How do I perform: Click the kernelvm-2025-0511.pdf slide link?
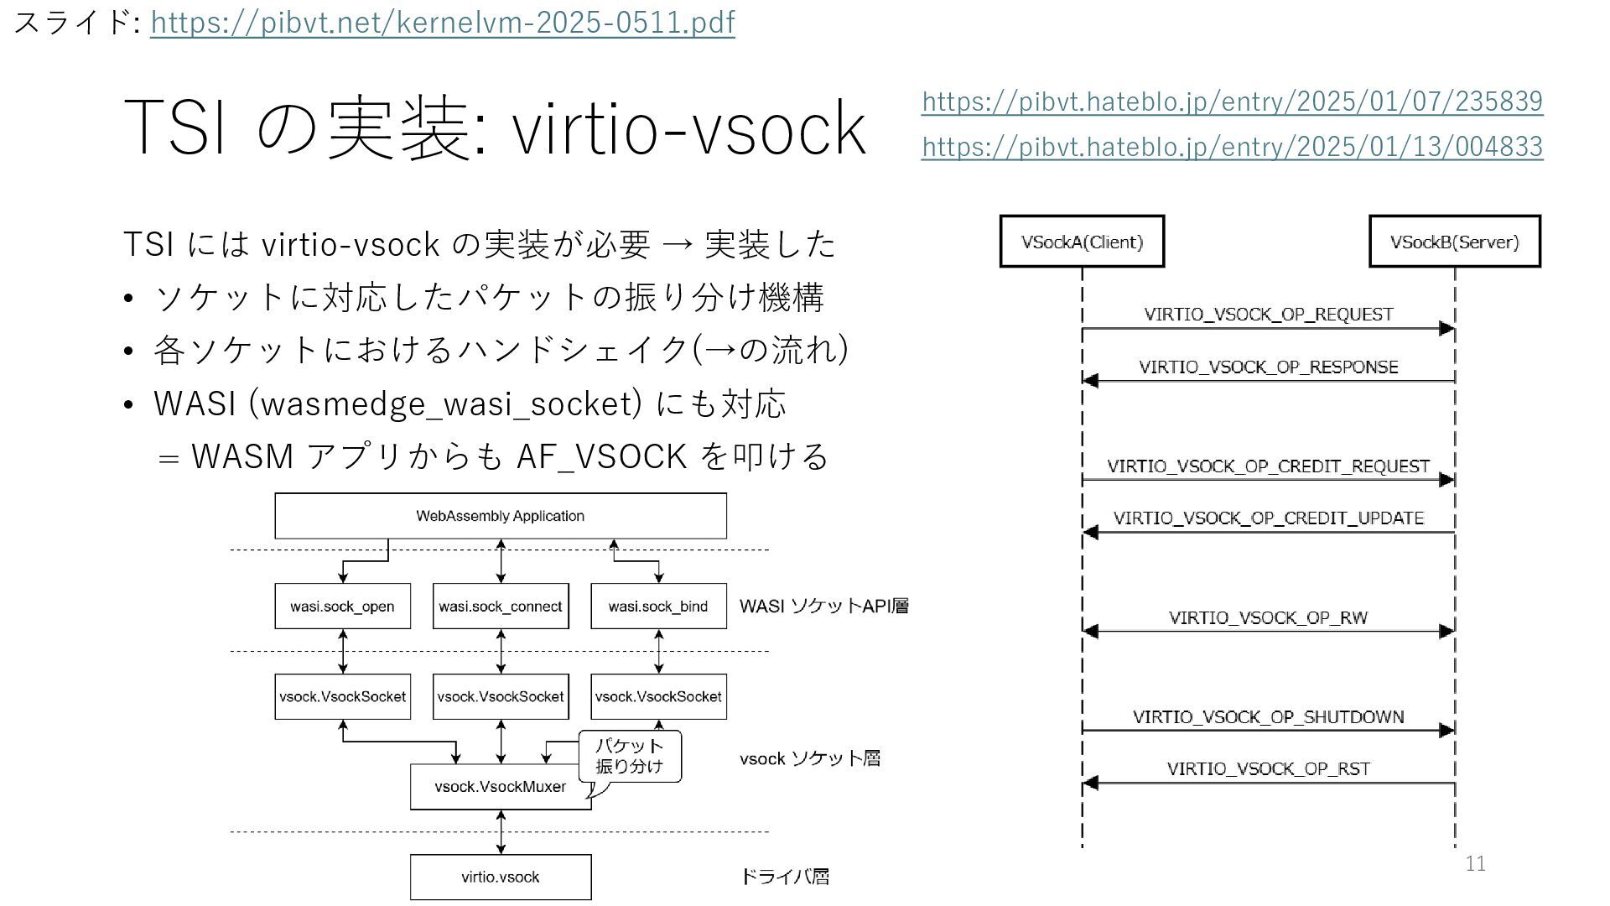(442, 23)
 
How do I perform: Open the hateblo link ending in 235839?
(1232, 102)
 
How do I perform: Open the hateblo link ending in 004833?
(1232, 147)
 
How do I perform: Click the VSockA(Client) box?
(1082, 242)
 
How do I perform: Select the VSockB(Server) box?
(1454, 242)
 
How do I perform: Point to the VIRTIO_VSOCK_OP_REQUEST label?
(1268, 315)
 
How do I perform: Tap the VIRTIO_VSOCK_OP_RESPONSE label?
(1268, 367)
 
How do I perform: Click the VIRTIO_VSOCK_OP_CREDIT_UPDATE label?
(1268, 518)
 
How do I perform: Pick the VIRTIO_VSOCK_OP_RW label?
(1268, 618)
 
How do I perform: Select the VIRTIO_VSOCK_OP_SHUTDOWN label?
(1268, 717)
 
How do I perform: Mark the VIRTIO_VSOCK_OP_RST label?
(1268, 769)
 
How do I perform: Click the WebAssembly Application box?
(501, 516)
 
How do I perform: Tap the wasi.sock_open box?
(342, 607)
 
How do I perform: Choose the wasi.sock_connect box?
(501, 607)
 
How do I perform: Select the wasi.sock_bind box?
(658, 607)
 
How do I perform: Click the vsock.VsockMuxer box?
(500, 787)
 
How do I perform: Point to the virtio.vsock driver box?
(501, 877)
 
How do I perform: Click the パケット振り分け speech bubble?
(630, 756)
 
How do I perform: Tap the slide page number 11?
(1475, 864)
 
